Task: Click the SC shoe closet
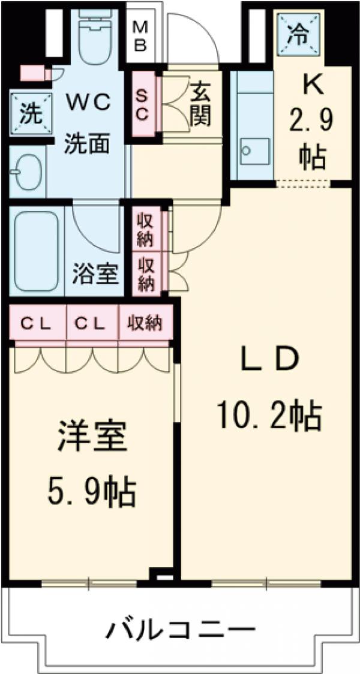point(142,104)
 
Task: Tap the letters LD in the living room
point(270,360)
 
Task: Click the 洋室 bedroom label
point(93,438)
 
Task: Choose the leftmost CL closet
point(37,324)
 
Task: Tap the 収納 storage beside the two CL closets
point(145,324)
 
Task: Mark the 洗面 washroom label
point(88,144)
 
